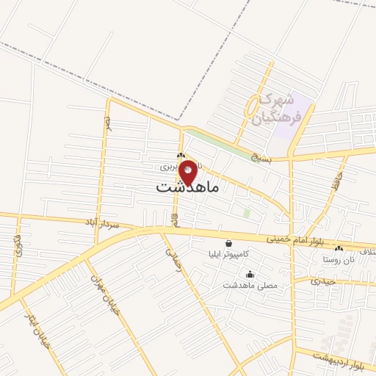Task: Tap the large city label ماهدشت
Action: (x=188, y=188)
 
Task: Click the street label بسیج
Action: (x=261, y=156)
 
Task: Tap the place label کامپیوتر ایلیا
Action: (x=228, y=253)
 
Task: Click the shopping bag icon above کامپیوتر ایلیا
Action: (x=228, y=243)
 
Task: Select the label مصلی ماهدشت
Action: (x=250, y=284)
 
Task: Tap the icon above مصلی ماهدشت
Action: (x=250, y=274)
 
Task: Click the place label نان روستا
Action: (x=339, y=261)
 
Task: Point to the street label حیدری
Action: (x=322, y=280)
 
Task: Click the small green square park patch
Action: (x=247, y=213)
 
